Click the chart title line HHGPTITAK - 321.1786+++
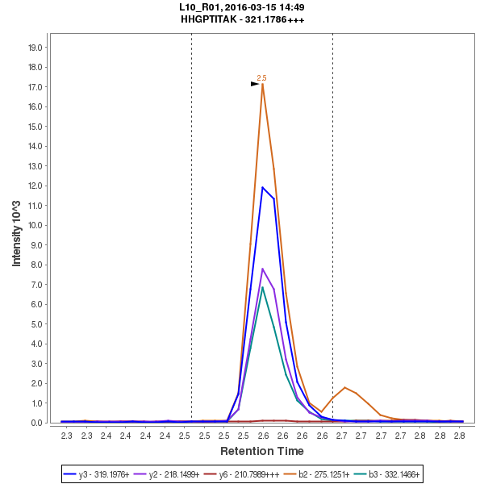pos(243,19)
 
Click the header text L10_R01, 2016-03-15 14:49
pos(243,7)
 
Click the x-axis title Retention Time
pos(262,450)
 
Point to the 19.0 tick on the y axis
pos(35,48)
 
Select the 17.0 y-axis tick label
pos(35,87)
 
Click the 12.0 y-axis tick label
pos(35,186)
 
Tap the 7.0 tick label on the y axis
pos(35,285)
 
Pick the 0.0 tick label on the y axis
pos(35,423)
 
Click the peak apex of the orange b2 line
pos(262,84)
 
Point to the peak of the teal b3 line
pos(262,287)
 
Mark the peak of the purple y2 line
pos(262,269)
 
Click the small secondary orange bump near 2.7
pos(344,387)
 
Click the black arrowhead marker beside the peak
pos(255,83)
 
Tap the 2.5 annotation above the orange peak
pos(261,78)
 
